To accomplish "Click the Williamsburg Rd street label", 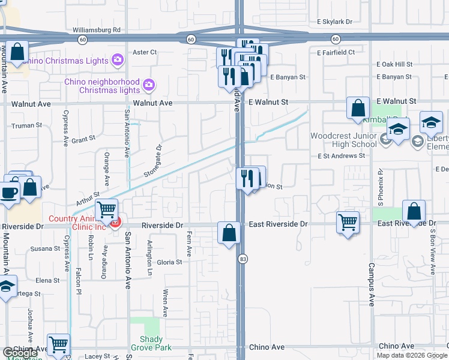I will point(96,29).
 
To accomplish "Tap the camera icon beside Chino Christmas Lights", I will point(118,60).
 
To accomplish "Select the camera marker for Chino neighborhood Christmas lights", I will point(149,87).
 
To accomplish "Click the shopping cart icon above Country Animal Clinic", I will point(106,209).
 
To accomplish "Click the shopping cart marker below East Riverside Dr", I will point(348,222).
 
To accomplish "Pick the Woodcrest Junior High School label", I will point(343,140).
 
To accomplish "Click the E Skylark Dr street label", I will point(334,22).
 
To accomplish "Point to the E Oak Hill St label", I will point(394,64).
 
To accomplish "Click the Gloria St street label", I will point(169,262).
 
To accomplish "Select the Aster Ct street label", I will point(144,52).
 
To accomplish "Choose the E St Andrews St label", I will point(342,156).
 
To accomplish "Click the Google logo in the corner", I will point(20,353).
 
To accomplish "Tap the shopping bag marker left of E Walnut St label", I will point(358,109).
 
